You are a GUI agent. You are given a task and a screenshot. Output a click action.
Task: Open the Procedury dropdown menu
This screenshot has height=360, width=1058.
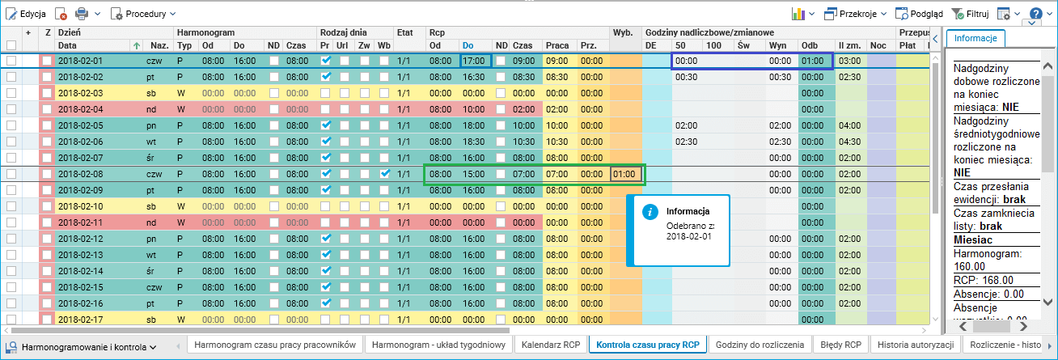coord(143,14)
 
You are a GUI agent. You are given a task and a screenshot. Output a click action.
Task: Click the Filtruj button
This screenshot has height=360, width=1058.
coord(970,14)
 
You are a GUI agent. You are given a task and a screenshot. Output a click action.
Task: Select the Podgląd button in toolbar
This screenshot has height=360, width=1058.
coord(920,14)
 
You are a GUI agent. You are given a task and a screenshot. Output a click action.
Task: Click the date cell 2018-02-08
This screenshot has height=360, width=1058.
coord(81,174)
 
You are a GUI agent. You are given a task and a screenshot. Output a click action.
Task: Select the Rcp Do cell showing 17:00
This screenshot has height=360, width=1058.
coord(475,61)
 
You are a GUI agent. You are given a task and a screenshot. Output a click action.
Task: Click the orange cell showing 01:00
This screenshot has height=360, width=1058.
coord(626,174)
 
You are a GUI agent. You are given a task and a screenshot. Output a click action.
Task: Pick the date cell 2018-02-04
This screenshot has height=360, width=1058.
coord(81,109)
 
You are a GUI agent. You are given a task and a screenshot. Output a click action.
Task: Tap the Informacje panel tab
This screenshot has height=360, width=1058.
coord(975,37)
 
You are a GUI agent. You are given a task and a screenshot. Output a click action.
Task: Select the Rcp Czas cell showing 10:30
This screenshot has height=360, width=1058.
coord(523,142)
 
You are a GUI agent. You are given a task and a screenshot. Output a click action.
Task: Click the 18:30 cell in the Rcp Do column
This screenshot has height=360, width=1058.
coord(475,142)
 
